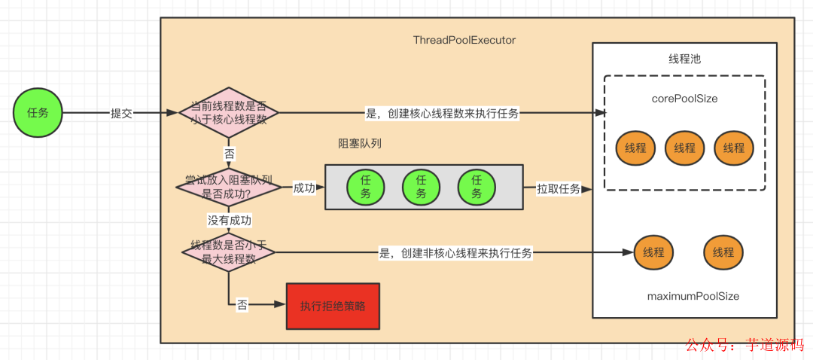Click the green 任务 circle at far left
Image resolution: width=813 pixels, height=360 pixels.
pyautogui.click(x=38, y=113)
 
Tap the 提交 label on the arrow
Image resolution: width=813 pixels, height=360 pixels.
pyautogui.click(x=121, y=114)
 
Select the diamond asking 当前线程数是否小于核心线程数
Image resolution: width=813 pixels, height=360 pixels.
pyautogui.click(x=229, y=113)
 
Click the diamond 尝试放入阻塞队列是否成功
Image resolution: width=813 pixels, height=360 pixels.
pyautogui.click(x=229, y=188)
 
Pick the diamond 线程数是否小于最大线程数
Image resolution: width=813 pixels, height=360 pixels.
pyautogui.click(x=229, y=252)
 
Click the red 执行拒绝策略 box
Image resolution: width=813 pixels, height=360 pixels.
pyautogui.click(x=333, y=306)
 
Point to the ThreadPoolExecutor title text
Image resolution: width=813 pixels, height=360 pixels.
pyautogui.click(x=464, y=40)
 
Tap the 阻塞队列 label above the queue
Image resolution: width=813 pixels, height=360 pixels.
pyautogui.click(x=360, y=143)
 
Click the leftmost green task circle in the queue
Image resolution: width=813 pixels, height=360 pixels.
pyautogui.click(x=366, y=188)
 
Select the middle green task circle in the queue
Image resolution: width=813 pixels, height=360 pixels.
pyautogui.click(x=421, y=188)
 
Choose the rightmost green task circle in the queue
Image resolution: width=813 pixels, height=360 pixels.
pyautogui.click(x=477, y=188)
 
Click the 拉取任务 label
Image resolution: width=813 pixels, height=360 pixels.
pyautogui.click(x=558, y=188)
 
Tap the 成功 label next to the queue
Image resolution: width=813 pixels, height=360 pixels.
pyautogui.click(x=304, y=188)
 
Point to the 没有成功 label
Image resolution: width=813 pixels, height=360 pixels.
pyautogui.click(x=230, y=221)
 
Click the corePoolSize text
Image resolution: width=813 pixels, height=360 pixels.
pyautogui.click(x=684, y=98)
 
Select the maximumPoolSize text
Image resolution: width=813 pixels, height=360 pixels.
pyautogui.click(x=693, y=296)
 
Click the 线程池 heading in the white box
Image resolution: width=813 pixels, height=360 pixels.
pyautogui.click(x=684, y=59)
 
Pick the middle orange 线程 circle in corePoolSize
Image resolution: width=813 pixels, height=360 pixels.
pyautogui.click(x=684, y=148)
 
